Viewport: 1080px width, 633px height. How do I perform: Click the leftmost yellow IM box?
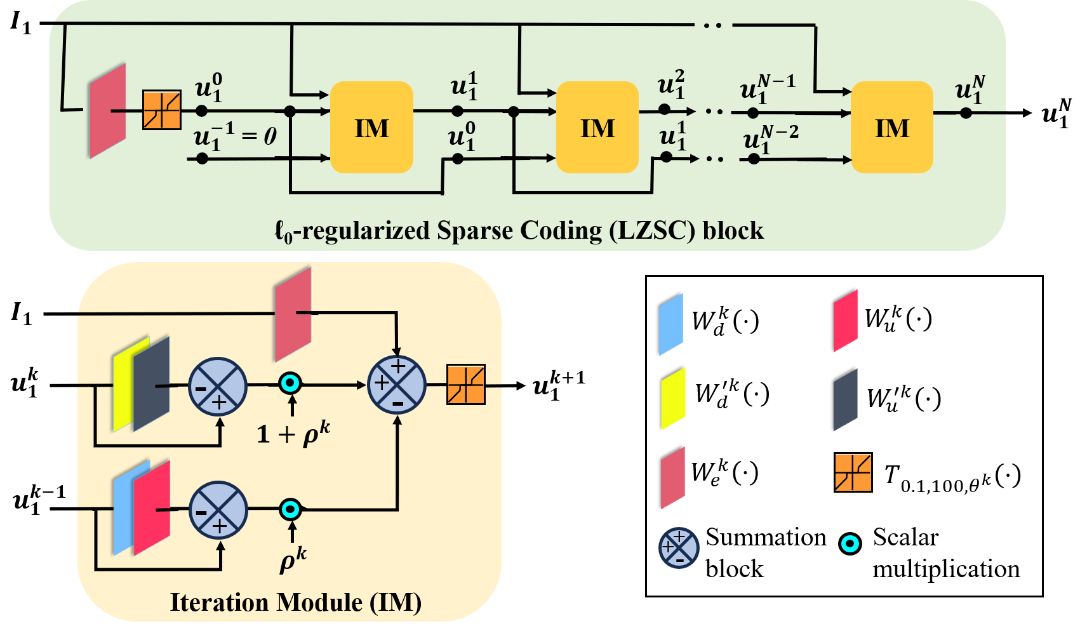(x=371, y=128)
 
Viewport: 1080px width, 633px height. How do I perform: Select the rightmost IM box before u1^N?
(x=891, y=128)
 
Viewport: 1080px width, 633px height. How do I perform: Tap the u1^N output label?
(x=970, y=90)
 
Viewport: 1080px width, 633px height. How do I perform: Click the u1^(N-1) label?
(x=768, y=89)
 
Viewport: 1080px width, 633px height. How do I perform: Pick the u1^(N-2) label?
(x=770, y=140)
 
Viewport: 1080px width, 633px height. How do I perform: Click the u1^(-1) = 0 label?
(x=235, y=137)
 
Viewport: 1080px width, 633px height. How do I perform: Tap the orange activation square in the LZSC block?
(x=162, y=110)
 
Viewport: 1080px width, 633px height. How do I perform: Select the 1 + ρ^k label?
(x=293, y=434)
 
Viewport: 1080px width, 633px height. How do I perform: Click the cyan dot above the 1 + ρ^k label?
(x=291, y=383)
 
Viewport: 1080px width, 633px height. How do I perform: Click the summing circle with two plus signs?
(x=397, y=384)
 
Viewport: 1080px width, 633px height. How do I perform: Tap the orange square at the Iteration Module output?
(x=466, y=384)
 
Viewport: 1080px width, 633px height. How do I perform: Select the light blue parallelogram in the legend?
(x=671, y=324)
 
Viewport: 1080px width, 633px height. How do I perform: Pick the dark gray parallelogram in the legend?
(x=846, y=399)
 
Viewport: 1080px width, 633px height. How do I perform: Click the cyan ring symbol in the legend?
(x=850, y=543)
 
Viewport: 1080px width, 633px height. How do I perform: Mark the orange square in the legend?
(x=853, y=472)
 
